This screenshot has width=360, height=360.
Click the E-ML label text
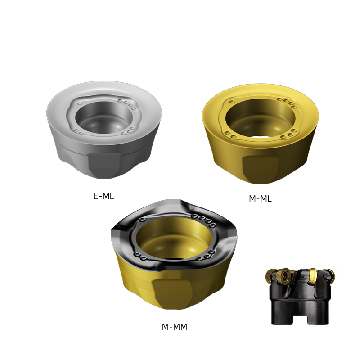(x=103, y=196)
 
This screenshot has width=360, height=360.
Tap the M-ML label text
(x=260, y=198)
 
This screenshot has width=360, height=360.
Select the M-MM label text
(x=175, y=327)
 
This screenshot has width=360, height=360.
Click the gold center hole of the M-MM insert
(x=174, y=238)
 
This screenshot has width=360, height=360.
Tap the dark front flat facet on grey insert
(x=104, y=165)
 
